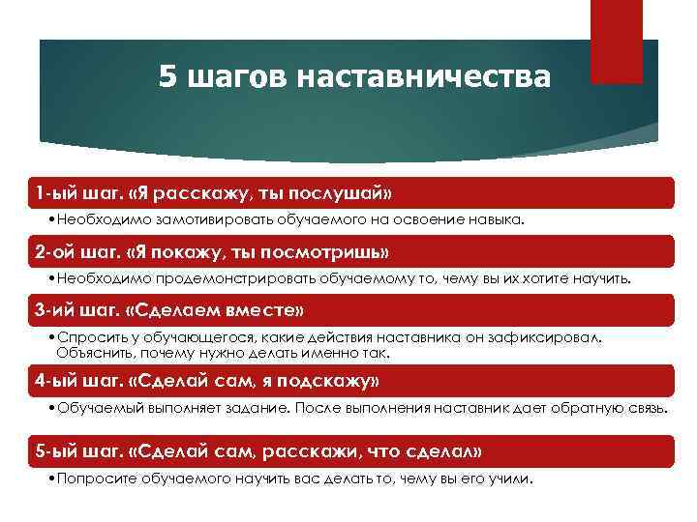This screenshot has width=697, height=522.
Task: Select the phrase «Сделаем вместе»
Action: click(x=217, y=311)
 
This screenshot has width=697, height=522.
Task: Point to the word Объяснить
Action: click(x=90, y=354)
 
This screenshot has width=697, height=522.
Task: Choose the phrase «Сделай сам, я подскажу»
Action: click(x=254, y=381)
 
